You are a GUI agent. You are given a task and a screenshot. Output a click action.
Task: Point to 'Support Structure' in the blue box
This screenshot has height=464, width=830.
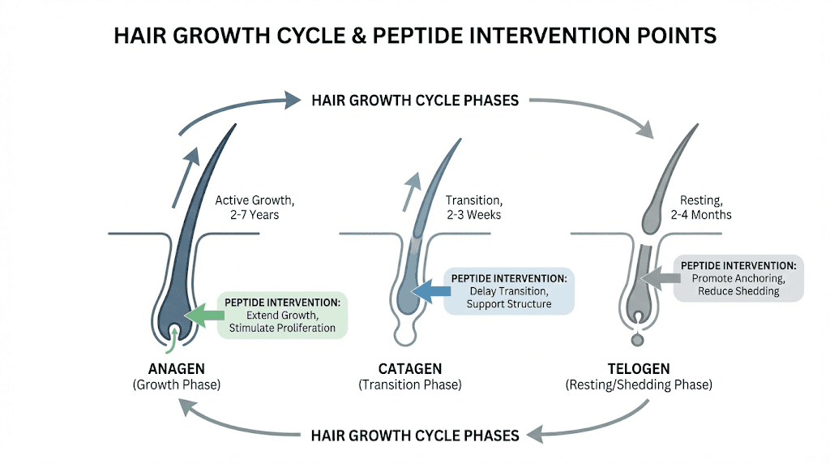pos(508,303)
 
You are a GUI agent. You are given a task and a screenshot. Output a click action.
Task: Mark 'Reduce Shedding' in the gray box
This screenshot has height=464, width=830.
pos(738,291)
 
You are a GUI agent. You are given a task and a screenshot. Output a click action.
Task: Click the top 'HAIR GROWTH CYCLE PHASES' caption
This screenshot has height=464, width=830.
pos(415,101)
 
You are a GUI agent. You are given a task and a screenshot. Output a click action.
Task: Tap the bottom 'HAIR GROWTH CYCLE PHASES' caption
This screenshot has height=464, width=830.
pos(415,436)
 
